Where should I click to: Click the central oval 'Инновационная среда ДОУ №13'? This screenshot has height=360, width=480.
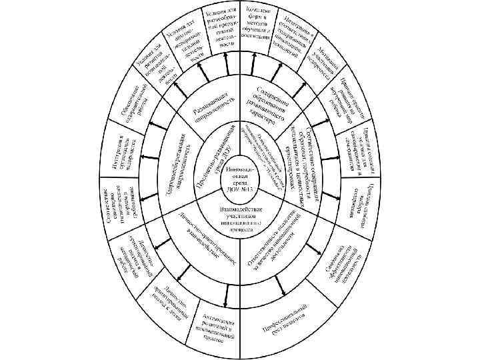point(239,180)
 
